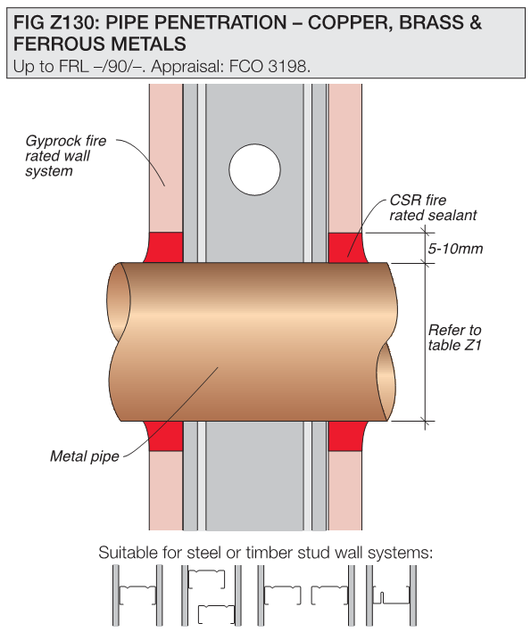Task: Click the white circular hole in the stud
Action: pos(254,169)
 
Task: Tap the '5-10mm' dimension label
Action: pos(455,249)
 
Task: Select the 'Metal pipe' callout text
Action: pos(85,455)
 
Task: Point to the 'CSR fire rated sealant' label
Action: pos(433,208)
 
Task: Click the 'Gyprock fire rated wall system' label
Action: pos(65,155)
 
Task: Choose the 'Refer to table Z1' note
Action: pos(454,337)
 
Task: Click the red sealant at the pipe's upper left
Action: pos(164,247)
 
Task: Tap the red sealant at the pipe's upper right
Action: pos(347,248)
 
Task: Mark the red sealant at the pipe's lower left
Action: pos(164,436)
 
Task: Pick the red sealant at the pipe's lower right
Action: pos(347,436)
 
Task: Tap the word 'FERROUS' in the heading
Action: pos(56,44)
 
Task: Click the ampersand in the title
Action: pos(476,22)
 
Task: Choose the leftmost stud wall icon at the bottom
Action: pos(137,595)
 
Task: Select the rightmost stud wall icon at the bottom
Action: pos(391,595)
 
